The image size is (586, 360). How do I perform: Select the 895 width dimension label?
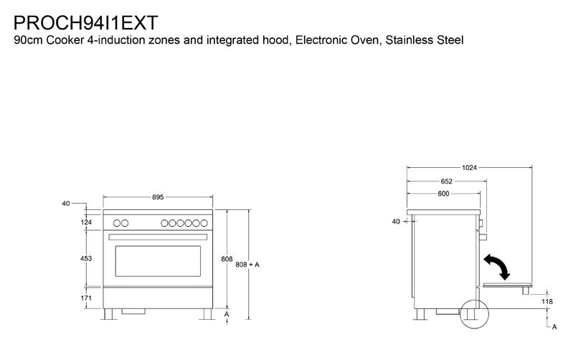click(x=159, y=196)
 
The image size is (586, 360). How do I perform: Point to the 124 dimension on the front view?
click(x=87, y=222)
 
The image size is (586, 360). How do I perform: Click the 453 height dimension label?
click(x=87, y=258)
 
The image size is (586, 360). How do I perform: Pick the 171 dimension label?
click(x=87, y=297)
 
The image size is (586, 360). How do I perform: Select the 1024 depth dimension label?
click(x=469, y=168)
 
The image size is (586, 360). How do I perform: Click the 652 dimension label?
click(x=446, y=181)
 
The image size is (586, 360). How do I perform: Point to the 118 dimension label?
click(x=547, y=302)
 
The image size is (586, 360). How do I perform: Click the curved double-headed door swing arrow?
click(x=497, y=266)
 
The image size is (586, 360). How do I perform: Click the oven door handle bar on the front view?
click(x=158, y=236)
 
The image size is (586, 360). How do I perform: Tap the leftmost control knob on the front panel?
click(x=116, y=223)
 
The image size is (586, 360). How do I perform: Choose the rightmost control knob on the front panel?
click(x=202, y=223)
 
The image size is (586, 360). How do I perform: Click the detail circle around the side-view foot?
click(x=473, y=312)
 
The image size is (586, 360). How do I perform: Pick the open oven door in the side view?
click(x=508, y=285)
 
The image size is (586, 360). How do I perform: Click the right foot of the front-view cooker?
click(x=206, y=314)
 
